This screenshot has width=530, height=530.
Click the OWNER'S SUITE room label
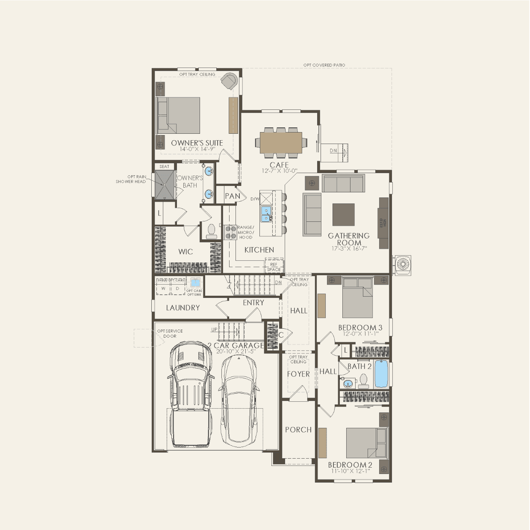tap(197, 143)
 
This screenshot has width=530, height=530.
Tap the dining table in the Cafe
tap(280, 141)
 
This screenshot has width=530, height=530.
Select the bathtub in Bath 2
tap(381, 374)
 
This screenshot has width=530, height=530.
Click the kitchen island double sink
tap(266, 214)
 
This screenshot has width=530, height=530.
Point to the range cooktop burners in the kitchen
tap(231, 232)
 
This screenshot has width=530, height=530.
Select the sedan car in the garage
tap(238, 400)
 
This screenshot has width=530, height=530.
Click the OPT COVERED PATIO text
tap(324, 65)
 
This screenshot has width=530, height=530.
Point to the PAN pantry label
tap(232, 196)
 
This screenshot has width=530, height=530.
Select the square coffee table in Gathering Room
tap(343, 215)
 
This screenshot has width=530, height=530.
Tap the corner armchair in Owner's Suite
tap(230, 81)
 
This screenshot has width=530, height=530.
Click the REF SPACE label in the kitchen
tap(274, 267)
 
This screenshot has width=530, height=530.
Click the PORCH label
tap(298, 430)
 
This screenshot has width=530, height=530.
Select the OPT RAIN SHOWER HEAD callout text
tap(131, 179)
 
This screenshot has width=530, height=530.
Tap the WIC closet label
tap(185, 252)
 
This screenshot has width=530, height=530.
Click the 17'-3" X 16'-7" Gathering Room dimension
tap(349, 248)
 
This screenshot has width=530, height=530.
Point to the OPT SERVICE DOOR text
tap(170, 333)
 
